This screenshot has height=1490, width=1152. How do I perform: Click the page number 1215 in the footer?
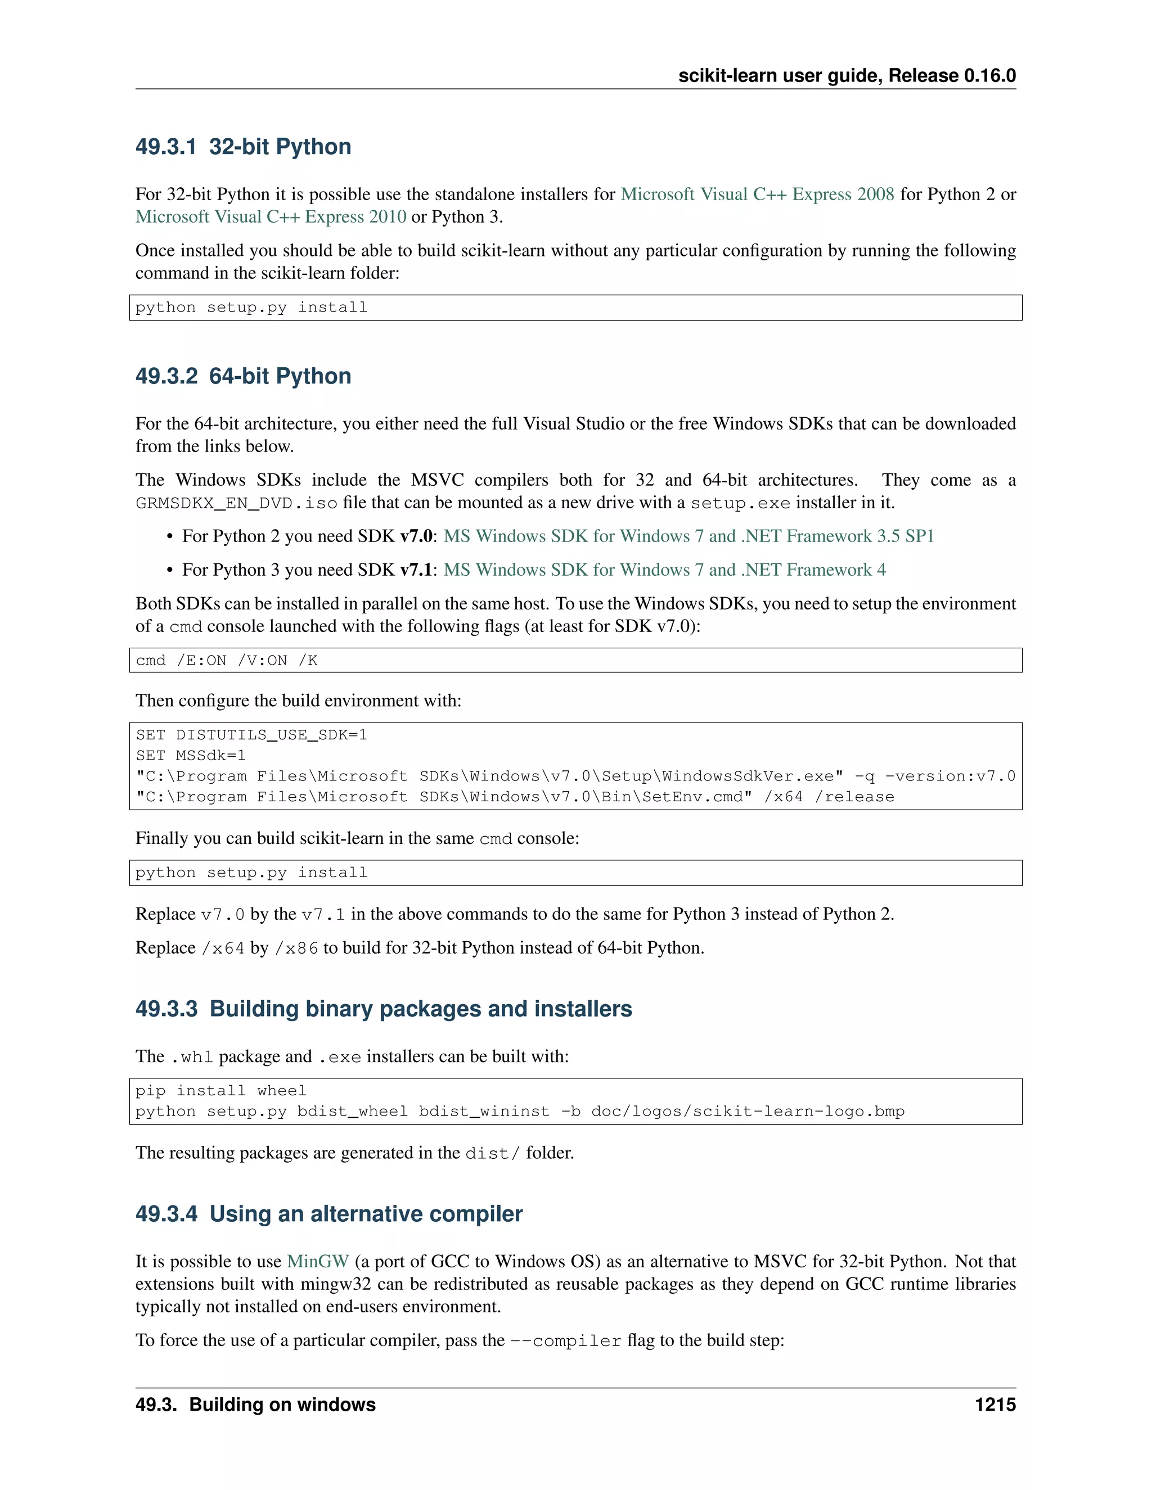(x=994, y=1405)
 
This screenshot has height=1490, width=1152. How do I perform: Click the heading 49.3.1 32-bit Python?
(x=243, y=147)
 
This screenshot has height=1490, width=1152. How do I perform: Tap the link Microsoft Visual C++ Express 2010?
(x=270, y=217)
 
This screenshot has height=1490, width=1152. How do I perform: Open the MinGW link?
(x=317, y=1262)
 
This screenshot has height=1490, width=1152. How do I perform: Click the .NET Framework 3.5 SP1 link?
(x=688, y=536)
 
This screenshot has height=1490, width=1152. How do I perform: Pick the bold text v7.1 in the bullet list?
(x=416, y=570)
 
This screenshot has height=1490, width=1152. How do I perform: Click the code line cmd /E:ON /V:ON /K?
(x=227, y=661)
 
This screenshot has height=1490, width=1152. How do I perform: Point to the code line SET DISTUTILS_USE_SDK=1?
(x=251, y=735)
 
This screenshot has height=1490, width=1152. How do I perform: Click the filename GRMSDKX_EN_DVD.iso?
(x=236, y=503)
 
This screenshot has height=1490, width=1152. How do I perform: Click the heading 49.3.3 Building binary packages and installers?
(x=384, y=1009)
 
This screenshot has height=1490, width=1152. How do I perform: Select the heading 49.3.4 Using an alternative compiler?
(x=329, y=1214)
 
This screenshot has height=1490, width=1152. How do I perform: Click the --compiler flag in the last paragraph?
(x=566, y=1341)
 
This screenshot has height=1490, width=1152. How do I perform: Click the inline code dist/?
(x=492, y=1154)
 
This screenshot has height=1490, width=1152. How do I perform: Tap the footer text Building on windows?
(x=282, y=1405)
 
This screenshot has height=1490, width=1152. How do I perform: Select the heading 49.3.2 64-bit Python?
(x=243, y=376)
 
